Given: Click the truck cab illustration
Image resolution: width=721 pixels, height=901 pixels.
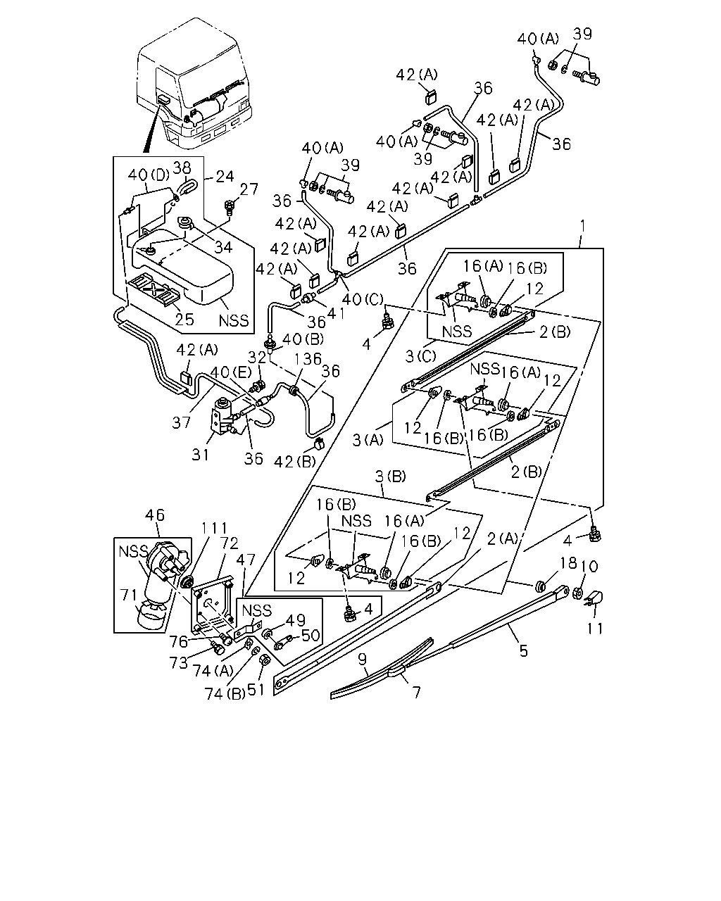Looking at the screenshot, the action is coord(194,83).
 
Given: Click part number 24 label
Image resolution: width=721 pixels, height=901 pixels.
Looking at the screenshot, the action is coord(225,176).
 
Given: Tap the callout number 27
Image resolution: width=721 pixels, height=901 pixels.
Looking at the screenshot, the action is coord(249,189).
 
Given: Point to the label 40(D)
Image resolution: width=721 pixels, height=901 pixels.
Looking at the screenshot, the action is coord(148,175).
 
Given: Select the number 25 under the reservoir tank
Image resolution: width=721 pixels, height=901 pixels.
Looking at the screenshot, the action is coord(184,320).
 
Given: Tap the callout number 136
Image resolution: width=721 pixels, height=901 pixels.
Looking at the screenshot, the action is coord(308,359).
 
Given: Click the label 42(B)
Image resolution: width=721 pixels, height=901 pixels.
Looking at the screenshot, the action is coord(295,461).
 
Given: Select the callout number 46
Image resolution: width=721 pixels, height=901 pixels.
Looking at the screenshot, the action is coord(155,515).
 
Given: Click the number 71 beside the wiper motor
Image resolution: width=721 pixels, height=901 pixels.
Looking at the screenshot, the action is coord(129,595).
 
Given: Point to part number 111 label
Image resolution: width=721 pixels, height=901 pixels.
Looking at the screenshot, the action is coord(215,529).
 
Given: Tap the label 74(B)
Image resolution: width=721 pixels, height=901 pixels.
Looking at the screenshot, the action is coord(225,694).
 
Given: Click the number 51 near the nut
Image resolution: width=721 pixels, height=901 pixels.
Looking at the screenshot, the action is coord(256,689).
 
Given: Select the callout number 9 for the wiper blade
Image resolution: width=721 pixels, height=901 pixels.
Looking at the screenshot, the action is coord(363,660).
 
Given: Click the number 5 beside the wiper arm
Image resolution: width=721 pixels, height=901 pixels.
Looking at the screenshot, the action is coord(524,650).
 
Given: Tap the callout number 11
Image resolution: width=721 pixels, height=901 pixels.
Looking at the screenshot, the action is coord(595,629).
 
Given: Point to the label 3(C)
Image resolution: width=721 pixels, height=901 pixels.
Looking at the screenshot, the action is coord(420,356).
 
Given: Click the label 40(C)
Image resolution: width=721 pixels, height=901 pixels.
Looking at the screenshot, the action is coord(363,299).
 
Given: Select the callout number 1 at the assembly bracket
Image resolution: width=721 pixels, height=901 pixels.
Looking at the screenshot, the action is coord(582,226).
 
